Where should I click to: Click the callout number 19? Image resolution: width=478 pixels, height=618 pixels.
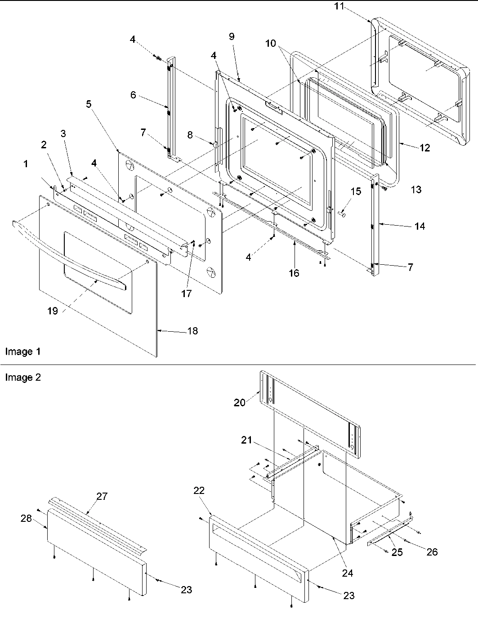(x=53, y=311)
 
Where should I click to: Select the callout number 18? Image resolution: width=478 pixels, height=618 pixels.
(x=192, y=331)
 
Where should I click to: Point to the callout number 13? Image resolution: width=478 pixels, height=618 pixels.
(x=416, y=190)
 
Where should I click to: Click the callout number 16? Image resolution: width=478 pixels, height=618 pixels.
(x=294, y=273)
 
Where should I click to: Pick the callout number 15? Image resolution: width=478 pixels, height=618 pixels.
(x=355, y=191)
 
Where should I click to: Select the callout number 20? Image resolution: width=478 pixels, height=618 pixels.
(x=240, y=402)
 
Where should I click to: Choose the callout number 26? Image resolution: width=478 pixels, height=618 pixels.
(x=432, y=551)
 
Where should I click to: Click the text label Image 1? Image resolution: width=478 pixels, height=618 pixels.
(x=22, y=351)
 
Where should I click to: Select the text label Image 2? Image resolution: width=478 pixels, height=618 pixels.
(x=22, y=378)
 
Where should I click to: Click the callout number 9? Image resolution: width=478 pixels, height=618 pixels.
(x=231, y=37)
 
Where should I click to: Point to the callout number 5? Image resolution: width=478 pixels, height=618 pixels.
(x=89, y=104)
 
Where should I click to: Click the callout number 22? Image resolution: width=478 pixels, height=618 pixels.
(x=199, y=490)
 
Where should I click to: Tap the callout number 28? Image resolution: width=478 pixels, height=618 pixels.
(x=26, y=518)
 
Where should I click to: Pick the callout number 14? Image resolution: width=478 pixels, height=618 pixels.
(x=419, y=226)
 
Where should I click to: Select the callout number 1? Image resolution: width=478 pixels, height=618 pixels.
(x=26, y=165)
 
